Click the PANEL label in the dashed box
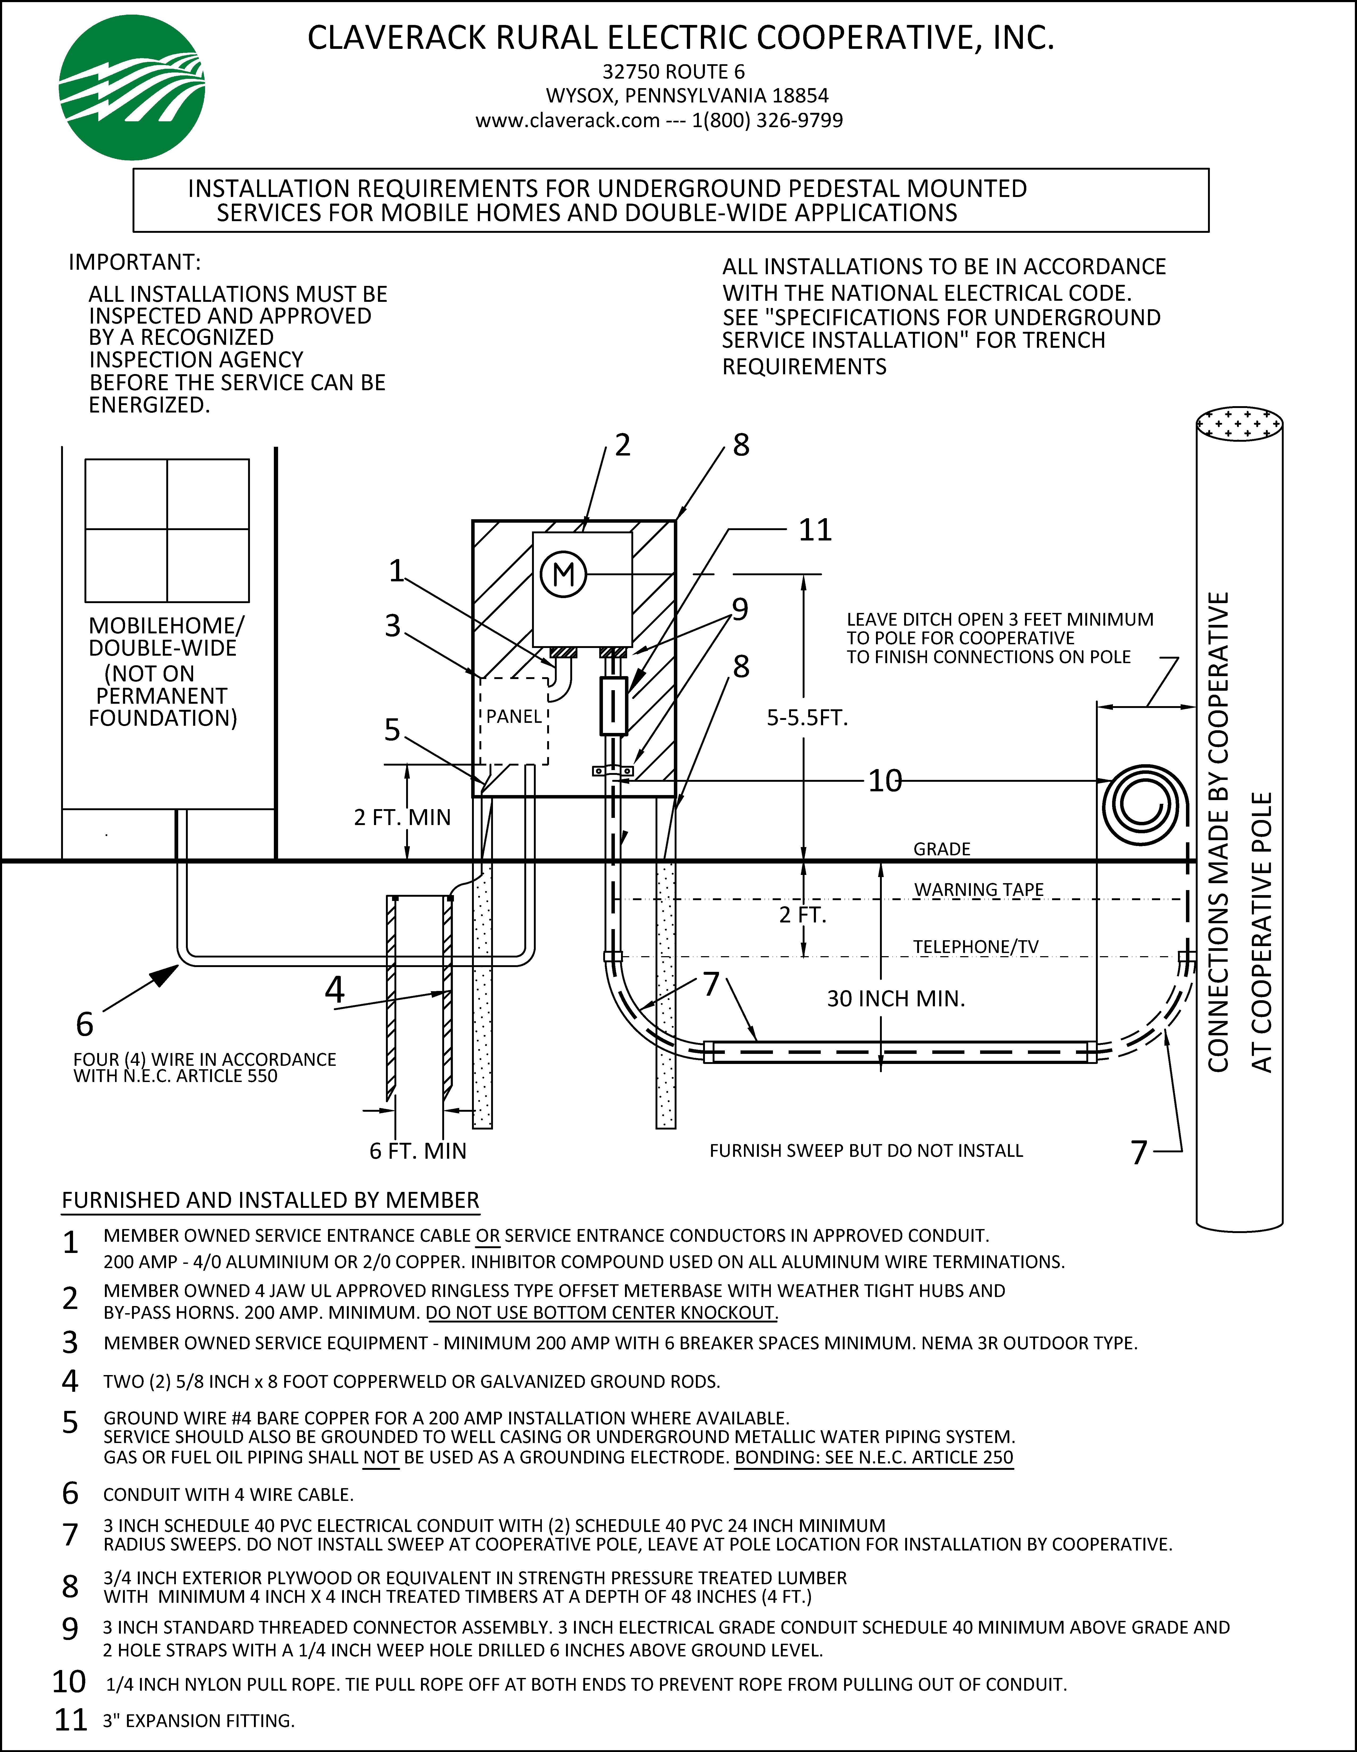tap(514, 716)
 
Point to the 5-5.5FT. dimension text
tap(806, 718)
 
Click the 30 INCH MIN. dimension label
tap(896, 999)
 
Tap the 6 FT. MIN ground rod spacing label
tap(417, 1151)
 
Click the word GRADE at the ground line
tap(941, 849)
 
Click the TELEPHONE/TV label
tap(975, 947)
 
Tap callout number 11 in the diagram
tap(815, 530)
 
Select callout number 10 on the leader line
tap(885, 780)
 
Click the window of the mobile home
tap(167, 530)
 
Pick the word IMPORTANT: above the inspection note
tap(134, 262)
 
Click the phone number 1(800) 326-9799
tap(767, 120)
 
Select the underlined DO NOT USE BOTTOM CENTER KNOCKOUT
tap(602, 1313)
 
